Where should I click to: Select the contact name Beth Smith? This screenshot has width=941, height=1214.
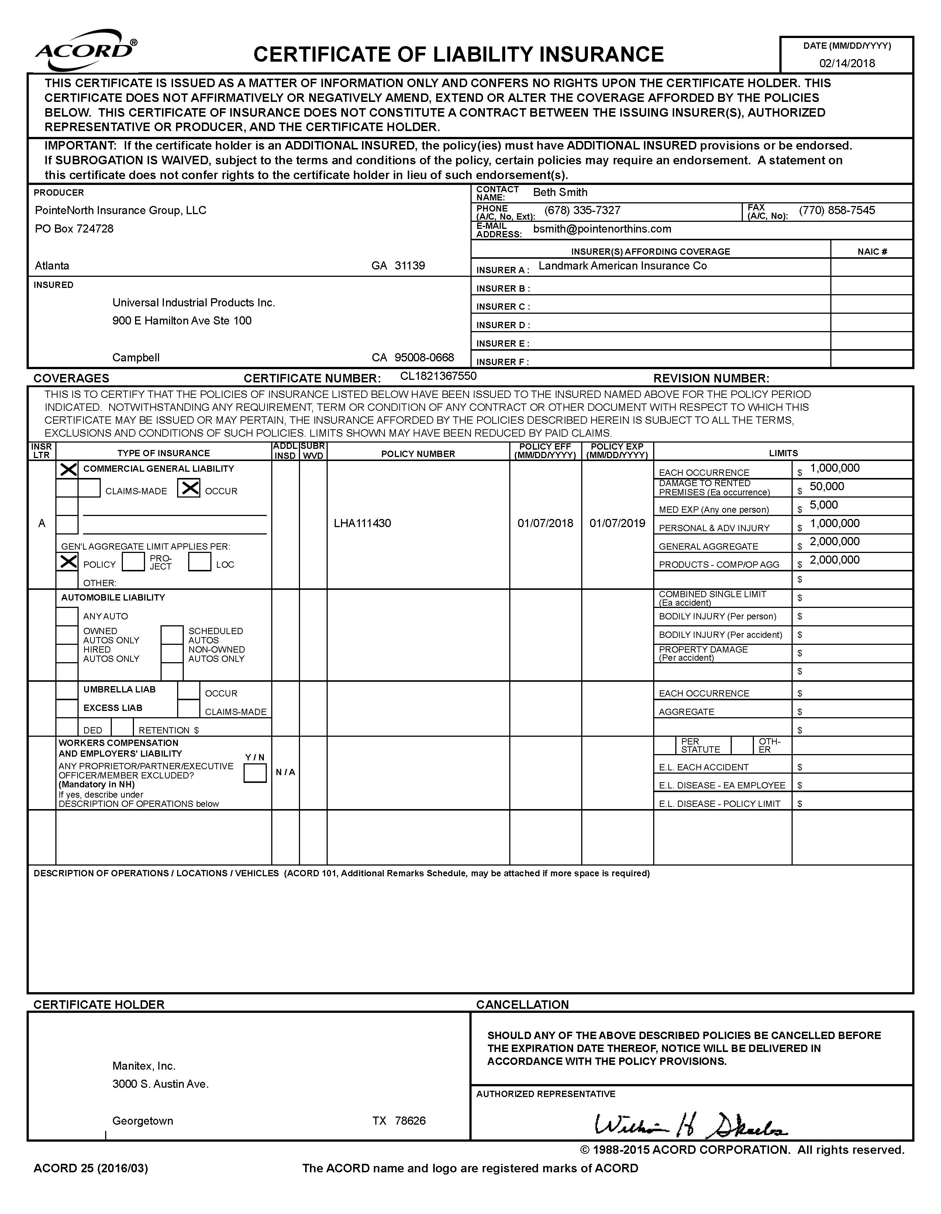click(560, 192)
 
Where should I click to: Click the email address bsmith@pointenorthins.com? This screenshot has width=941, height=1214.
click(602, 229)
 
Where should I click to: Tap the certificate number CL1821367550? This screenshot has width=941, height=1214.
click(438, 376)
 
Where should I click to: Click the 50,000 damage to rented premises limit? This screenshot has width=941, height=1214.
click(827, 487)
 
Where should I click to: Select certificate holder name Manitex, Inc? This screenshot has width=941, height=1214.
click(144, 1066)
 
